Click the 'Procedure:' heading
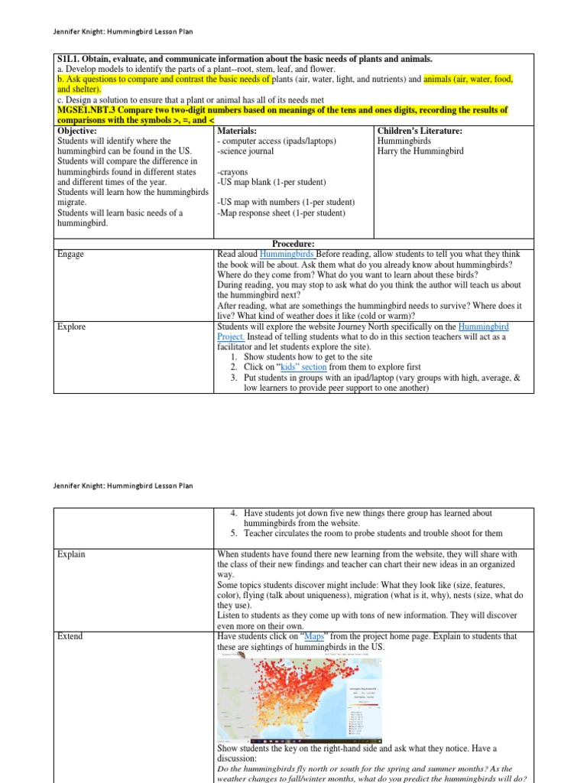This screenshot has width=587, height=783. [x=294, y=243]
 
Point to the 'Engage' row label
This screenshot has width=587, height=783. [x=71, y=254]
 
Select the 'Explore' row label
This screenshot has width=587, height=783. [x=72, y=327]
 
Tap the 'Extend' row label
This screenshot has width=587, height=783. [x=70, y=636]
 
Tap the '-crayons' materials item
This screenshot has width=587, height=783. [x=235, y=172]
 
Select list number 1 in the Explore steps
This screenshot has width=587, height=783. [x=235, y=357]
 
